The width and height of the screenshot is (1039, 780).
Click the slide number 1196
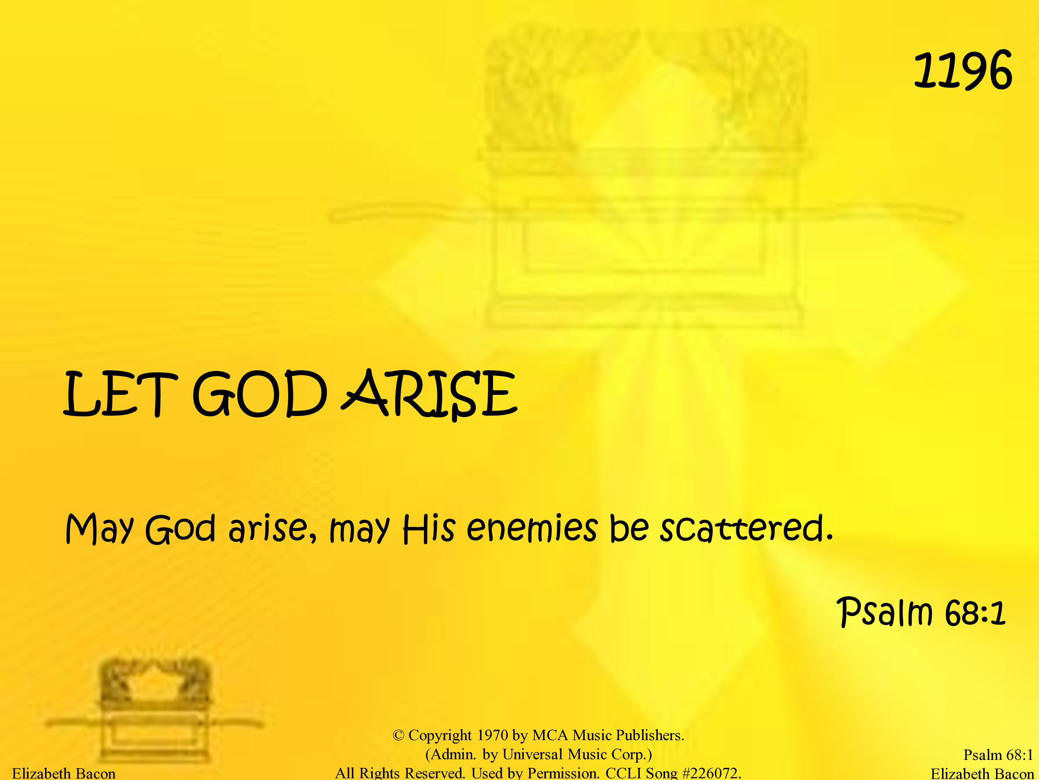pyautogui.click(x=963, y=70)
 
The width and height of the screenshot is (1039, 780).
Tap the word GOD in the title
pyautogui.click(x=260, y=394)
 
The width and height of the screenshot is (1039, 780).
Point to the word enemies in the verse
pyautogui.click(x=532, y=528)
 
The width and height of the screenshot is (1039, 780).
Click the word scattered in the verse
pyautogui.click(x=747, y=528)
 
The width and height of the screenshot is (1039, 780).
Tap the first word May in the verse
pyautogui.click(x=100, y=529)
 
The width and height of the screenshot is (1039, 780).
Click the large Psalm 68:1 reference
pyautogui.click(x=922, y=612)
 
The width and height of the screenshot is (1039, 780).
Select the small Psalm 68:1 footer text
pyautogui.click(x=998, y=755)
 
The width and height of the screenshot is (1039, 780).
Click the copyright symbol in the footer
pyautogui.click(x=398, y=735)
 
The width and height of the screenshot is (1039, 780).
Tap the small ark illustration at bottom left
pyautogui.click(x=155, y=710)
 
